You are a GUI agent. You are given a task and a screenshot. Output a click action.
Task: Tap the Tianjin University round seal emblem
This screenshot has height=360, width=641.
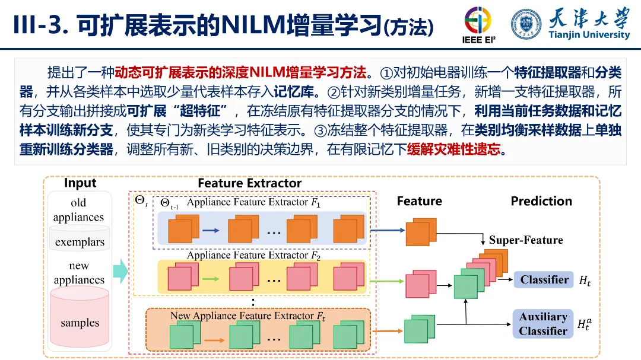526,24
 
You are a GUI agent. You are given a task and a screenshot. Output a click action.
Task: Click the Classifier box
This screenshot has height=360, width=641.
544,280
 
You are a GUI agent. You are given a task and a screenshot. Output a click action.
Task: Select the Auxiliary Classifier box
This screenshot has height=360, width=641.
543,324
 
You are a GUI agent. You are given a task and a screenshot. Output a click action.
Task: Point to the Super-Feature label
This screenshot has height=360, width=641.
526,240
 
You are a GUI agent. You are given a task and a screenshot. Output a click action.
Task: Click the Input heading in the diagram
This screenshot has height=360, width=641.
80,183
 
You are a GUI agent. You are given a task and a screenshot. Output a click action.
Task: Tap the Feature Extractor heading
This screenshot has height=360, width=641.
249,183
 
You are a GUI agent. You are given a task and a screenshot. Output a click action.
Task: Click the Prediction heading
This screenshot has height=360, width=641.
541,201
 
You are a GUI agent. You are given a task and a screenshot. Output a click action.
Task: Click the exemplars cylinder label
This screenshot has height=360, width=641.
80,242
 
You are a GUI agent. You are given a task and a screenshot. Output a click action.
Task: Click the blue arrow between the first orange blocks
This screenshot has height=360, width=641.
211,229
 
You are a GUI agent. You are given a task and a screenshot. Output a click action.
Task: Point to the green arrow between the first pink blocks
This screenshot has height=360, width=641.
211,277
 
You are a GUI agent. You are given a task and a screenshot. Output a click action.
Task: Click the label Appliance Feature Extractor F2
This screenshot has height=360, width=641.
253,256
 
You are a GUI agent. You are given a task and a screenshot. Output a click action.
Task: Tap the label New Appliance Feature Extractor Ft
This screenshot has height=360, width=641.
247,316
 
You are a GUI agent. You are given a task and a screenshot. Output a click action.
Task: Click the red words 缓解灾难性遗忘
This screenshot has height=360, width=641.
453,149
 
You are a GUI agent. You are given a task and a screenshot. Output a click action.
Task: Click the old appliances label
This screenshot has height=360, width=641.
78,210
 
